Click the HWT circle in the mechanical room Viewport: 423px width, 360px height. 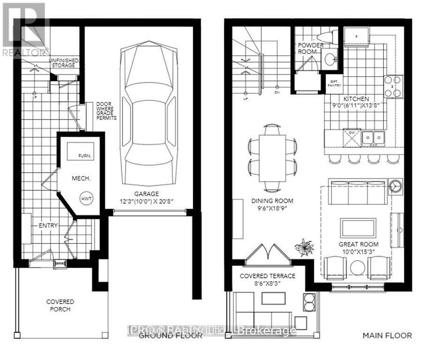(86, 199)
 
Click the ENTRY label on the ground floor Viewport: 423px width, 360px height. (48, 225)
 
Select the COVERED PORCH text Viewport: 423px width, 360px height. (60, 305)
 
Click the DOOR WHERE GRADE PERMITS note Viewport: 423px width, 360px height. (106, 111)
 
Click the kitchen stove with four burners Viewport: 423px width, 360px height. (393, 86)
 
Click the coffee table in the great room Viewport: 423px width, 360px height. (358, 228)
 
